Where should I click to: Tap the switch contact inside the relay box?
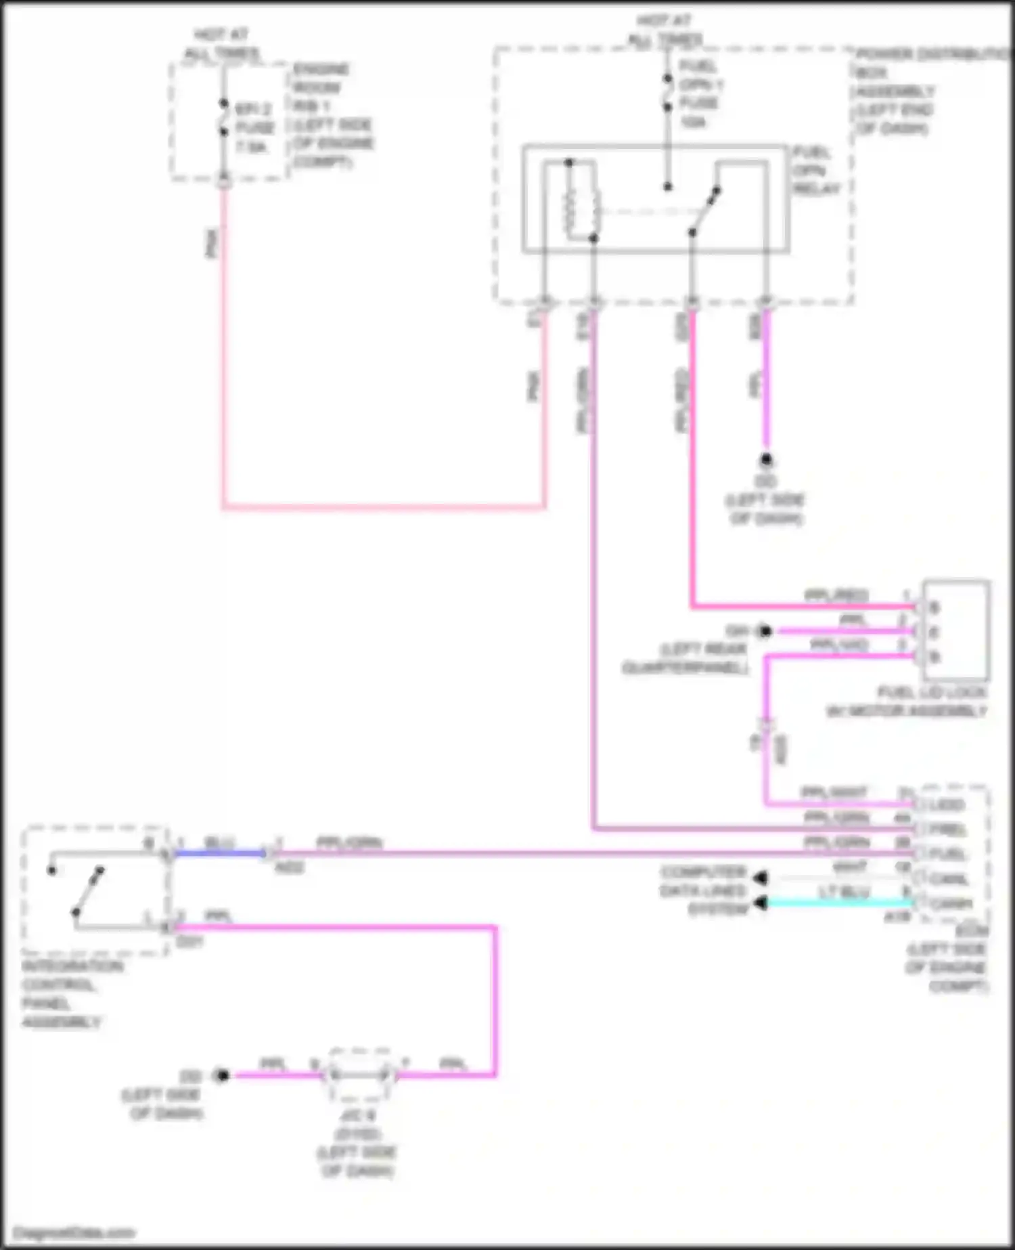tap(704, 213)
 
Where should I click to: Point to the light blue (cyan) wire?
tap(839, 903)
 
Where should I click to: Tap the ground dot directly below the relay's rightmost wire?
tap(766, 460)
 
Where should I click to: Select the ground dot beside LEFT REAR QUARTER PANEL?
tap(765, 631)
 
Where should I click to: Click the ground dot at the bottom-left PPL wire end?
tap(221, 1075)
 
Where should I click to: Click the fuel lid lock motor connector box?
tap(955, 630)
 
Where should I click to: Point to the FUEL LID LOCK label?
tap(932, 693)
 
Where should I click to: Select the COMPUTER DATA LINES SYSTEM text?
tap(703, 890)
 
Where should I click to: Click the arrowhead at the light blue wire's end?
tap(761, 903)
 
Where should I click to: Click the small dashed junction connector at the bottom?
tap(359, 1075)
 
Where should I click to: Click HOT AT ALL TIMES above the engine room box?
tap(221, 44)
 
